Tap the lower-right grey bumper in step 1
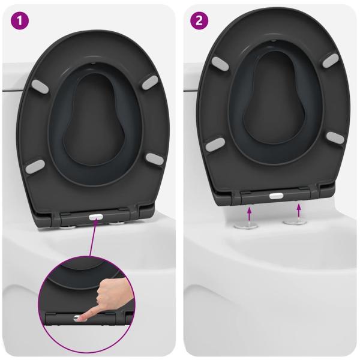(x=154, y=158)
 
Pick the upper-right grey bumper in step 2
(x=329, y=60)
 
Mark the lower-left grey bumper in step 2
(x=215, y=145)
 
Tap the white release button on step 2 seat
(x=275, y=195)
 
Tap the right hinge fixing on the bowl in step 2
(x=294, y=223)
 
